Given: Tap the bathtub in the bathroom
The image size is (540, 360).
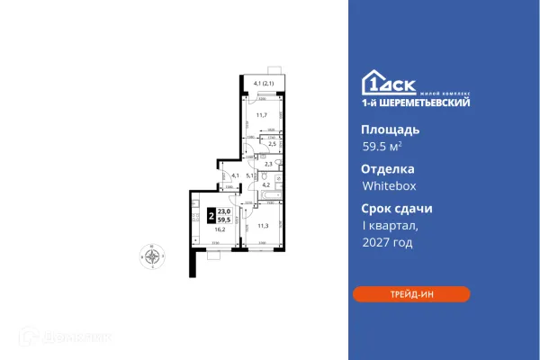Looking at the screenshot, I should (x=272, y=196).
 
